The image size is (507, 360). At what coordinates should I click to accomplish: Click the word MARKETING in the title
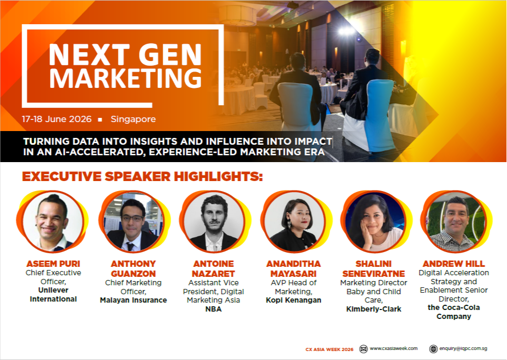[128, 78]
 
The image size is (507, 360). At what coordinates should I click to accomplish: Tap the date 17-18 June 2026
[57, 119]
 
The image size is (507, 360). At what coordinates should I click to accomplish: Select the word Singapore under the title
[133, 119]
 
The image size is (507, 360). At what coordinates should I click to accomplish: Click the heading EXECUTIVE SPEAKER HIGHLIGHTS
[142, 176]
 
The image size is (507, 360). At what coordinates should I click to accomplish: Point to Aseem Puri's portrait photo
[53, 221]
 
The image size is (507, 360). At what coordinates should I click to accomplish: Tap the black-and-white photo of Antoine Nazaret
[212, 222]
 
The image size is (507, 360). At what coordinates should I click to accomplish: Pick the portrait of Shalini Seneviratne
[373, 222]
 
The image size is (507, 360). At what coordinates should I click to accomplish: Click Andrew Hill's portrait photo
[453, 222]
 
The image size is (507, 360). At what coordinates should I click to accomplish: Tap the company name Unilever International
[53, 295]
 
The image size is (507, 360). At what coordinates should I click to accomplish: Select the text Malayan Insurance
[133, 300]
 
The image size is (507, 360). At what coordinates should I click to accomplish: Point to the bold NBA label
[213, 309]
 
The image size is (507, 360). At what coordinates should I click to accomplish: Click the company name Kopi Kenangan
[293, 300]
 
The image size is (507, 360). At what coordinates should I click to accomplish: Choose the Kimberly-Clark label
[373, 309]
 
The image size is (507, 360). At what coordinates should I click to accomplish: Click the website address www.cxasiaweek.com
[393, 348]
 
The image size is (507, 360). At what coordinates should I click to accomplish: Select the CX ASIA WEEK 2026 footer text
[330, 349]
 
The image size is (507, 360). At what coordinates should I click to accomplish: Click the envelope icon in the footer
[363, 348]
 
